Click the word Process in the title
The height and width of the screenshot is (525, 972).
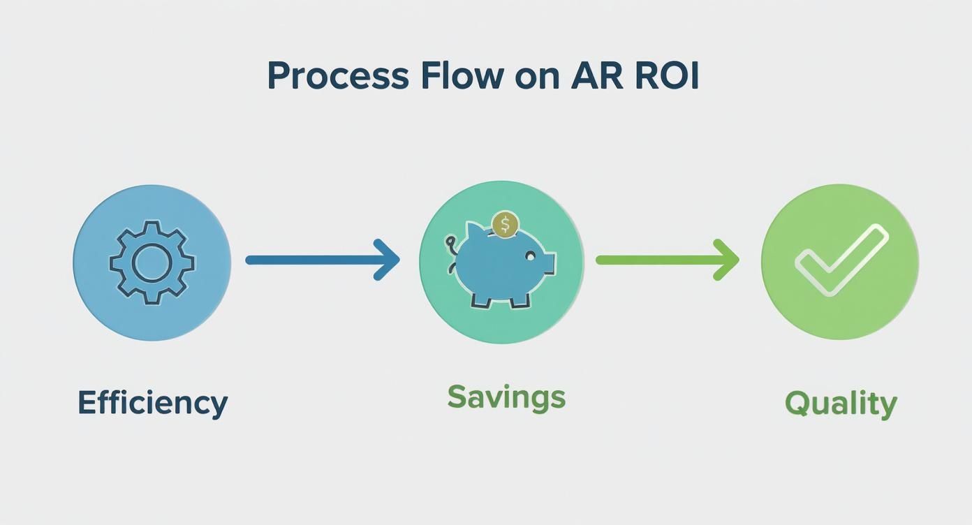point(337,77)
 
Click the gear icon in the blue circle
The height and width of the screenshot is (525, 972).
point(152,262)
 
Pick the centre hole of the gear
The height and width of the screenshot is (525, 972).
point(152,262)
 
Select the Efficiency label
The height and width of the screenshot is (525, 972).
point(152,403)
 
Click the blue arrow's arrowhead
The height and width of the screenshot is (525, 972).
point(388,260)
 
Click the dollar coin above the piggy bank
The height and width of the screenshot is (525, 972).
point(505,225)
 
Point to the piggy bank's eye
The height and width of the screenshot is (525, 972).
point(529,257)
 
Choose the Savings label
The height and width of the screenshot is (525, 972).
point(506,397)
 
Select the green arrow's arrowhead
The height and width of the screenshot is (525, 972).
point(728,260)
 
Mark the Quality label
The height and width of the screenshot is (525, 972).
point(841,404)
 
